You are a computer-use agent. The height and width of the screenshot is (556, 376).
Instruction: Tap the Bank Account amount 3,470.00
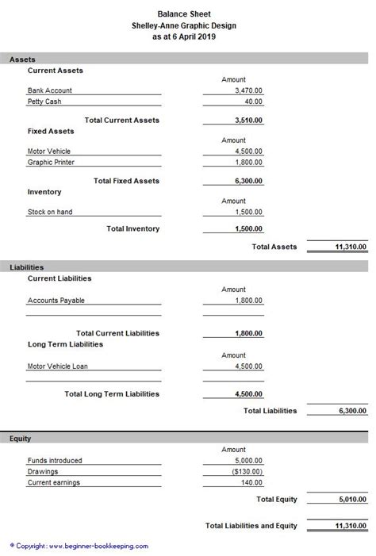pos(248,91)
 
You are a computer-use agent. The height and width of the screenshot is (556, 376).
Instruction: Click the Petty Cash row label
pos(44,102)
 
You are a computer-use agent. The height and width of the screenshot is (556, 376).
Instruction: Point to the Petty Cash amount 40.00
pos(253,102)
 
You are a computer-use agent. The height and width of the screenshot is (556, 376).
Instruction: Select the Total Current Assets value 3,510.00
pos(248,121)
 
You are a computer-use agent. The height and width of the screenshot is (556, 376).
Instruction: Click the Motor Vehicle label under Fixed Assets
pos(49,151)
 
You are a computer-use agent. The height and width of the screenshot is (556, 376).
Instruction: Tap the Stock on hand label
pos(50,212)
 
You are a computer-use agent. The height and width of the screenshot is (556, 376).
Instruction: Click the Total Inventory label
pos(132,228)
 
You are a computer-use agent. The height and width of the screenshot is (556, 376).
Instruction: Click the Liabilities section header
pos(27,267)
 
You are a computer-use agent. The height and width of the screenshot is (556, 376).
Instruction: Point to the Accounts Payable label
pos(56,301)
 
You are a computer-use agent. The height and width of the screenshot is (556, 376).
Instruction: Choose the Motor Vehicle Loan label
pos(59,366)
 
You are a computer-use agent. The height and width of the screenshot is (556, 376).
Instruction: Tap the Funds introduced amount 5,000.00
pos(248,460)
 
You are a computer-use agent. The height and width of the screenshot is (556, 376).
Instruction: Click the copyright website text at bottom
pos(79,546)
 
